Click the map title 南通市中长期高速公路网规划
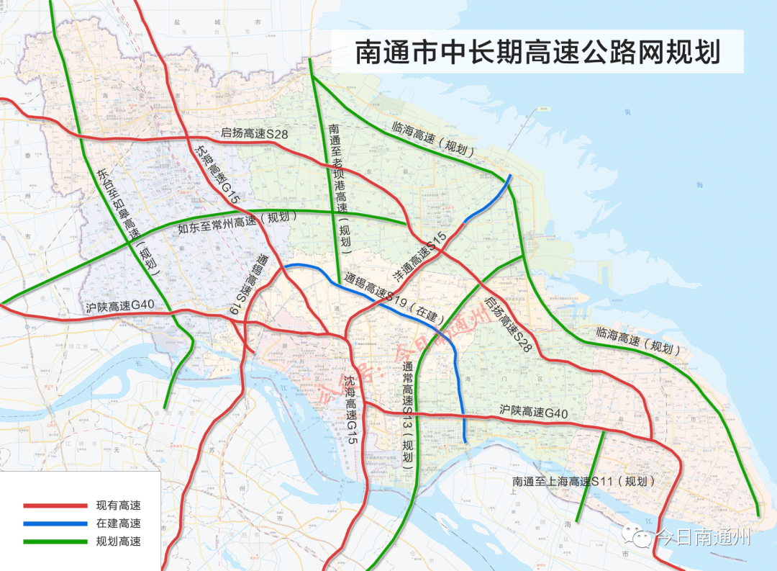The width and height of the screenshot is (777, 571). [537, 53]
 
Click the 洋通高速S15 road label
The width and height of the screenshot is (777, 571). [419, 257]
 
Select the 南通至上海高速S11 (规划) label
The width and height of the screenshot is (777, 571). [584, 481]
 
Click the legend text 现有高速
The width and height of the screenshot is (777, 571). [118, 506]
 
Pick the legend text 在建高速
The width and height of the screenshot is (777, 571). [118, 523]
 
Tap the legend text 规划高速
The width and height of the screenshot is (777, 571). [118, 541]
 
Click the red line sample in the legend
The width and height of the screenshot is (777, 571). [55, 506]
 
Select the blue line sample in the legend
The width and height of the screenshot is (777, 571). [55, 523]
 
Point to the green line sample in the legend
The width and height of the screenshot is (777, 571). [55, 541]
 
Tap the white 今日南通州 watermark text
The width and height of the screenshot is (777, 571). [702, 537]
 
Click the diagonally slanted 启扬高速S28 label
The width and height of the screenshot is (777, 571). [508, 324]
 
